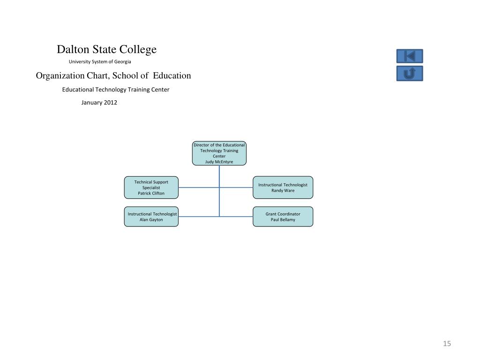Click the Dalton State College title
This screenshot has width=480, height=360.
click(106, 50)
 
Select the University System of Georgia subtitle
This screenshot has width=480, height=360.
click(100, 62)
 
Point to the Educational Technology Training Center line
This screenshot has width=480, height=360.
click(116, 90)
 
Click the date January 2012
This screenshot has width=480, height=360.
click(99, 102)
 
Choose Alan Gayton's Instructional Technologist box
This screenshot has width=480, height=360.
click(151, 217)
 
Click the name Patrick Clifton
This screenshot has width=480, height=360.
click(151, 193)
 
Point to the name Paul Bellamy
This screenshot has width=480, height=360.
click(283, 220)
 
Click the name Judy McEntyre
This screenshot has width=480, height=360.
click(219, 162)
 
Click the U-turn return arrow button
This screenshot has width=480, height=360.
click(410, 74)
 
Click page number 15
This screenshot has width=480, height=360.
click(447, 344)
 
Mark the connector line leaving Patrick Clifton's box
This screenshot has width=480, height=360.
click(197, 187)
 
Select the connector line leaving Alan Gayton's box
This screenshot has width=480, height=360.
click(197, 217)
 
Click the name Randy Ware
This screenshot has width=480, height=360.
click(283, 190)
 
